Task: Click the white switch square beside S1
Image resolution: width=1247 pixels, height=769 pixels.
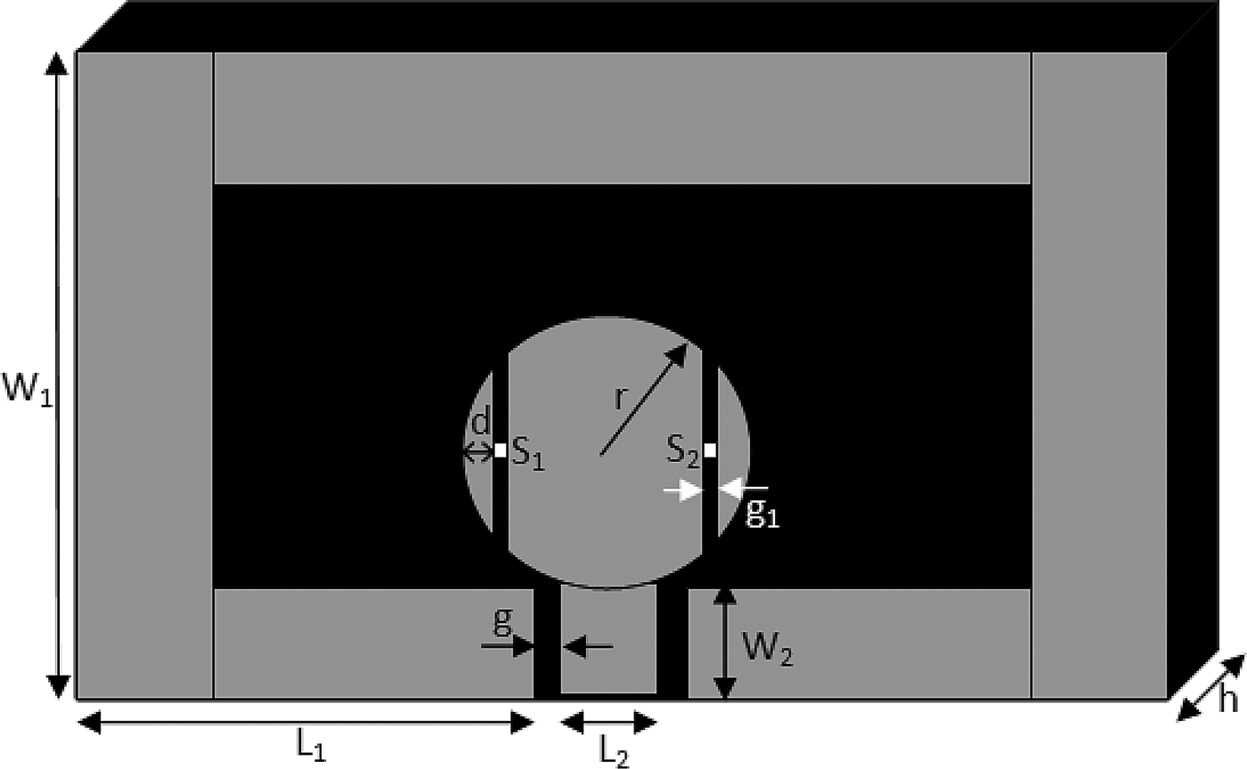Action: (500, 450)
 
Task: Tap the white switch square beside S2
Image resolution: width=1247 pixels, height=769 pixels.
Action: (710, 450)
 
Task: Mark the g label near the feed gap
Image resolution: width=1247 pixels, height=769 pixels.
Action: (503, 623)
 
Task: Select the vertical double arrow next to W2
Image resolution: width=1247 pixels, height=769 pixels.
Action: (726, 642)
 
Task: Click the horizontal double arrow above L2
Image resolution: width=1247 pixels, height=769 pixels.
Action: (609, 723)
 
